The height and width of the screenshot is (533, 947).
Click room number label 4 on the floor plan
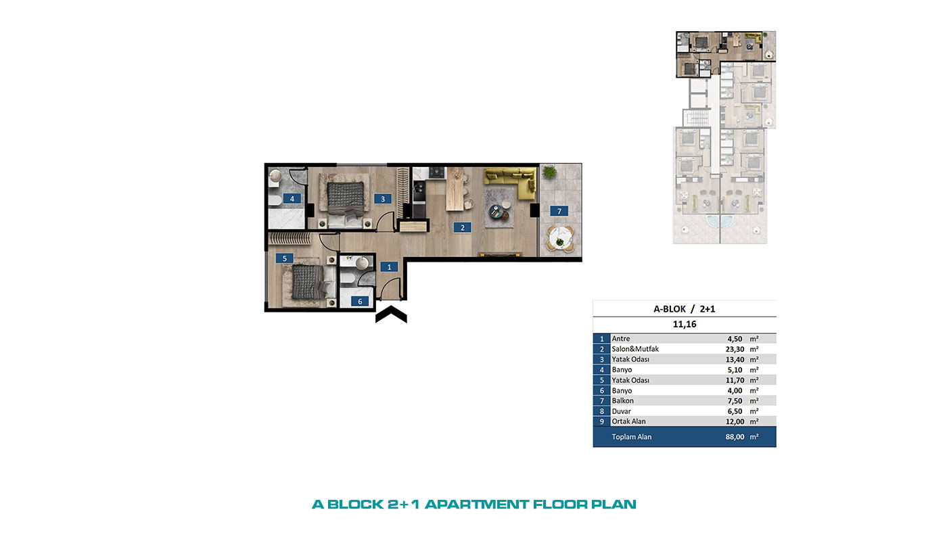[x=292, y=198]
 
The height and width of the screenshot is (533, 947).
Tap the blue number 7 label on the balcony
[x=559, y=211]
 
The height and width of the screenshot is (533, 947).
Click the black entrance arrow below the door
[x=391, y=315]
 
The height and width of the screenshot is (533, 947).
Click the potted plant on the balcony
[x=549, y=172]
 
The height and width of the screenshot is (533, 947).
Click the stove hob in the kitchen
[x=437, y=172]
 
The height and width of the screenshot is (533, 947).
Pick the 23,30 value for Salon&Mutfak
[x=735, y=349]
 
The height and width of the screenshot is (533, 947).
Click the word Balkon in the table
[x=623, y=400]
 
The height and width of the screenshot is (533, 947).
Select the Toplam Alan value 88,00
[x=735, y=437]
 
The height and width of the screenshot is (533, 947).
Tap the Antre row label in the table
[x=621, y=339]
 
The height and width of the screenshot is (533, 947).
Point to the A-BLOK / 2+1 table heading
[x=685, y=309]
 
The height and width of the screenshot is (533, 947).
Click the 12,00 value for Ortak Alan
[x=735, y=421]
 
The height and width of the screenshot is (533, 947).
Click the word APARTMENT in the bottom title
[x=477, y=505]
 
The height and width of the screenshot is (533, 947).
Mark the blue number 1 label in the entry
[x=389, y=266]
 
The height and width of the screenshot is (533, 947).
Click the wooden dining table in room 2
[x=455, y=189]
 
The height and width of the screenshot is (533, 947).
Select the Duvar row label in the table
[x=621, y=411]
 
